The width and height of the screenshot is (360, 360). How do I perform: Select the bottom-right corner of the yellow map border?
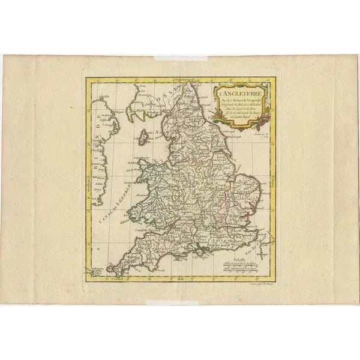click(274, 282)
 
